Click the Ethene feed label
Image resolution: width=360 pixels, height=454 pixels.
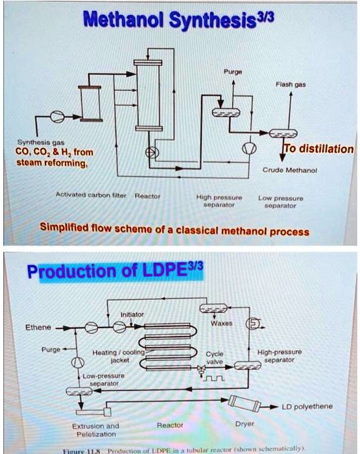pyautogui.click(x=38, y=328)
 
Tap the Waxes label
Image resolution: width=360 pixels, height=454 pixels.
pyautogui.click(x=219, y=324)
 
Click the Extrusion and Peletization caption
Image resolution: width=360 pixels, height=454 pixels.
pyautogui.click(x=95, y=429)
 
